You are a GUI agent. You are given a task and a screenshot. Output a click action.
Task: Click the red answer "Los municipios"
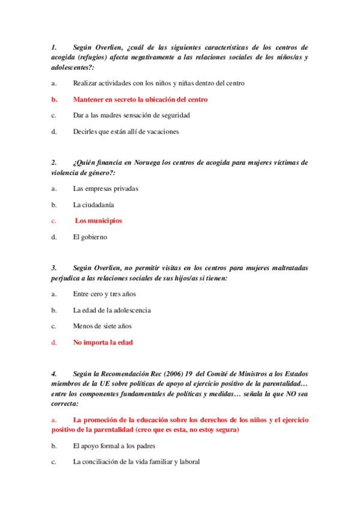click(x=98, y=221)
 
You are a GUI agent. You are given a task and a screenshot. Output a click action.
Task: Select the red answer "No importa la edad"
click(x=103, y=342)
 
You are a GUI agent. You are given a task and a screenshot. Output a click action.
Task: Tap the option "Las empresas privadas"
click(x=106, y=188)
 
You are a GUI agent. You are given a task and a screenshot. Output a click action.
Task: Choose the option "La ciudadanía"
click(x=94, y=204)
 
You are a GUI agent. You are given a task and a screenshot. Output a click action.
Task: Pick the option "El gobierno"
click(x=90, y=237)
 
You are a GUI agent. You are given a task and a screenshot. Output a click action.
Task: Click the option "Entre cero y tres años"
click(x=105, y=294)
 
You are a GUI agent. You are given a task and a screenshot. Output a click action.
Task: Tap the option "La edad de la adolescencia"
click(x=112, y=310)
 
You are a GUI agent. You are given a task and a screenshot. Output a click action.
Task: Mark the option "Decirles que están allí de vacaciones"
click(x=126, y=132)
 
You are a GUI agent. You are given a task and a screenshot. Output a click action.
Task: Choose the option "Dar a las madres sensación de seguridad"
click(x=131, y=115)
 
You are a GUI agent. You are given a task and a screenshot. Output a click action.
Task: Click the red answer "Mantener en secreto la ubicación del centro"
click(x=140, y=99)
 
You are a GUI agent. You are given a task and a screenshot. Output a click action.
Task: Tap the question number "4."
click(x=54, y=374)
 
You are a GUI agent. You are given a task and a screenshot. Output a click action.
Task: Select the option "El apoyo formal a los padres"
click(x=114, y=446)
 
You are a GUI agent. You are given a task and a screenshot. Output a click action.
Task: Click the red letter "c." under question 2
click(x=54, y=221)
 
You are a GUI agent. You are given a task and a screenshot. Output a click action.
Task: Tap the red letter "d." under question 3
click(x=54, y=342)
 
